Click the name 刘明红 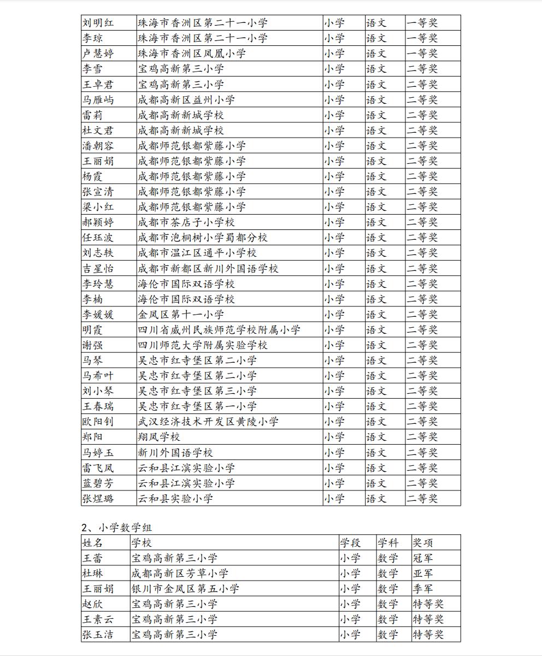[x=98, y=23]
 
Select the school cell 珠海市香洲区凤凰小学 [x=191, y=54]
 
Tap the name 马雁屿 [x=98, y=100]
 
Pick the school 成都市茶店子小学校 [x=186, y=222]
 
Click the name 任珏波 [x=98, y=238]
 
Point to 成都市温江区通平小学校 [x=197, y=253]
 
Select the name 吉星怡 [x=98, y=269]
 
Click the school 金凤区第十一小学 [x=180, y=315]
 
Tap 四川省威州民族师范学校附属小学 [x=219, y=330]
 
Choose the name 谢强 [x=92, y=345]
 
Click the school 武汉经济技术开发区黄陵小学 [x=208, y=422]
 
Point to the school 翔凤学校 [x=158, y=437]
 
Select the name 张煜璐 [x=98, y=498]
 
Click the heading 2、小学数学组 [x=117, y=528]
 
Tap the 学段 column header [x=350, y=543]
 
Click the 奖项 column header [x=423, y=543]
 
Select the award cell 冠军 [x=423, y=558]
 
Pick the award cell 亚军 [x=423, y=574]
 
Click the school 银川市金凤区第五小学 [x=185, y=589]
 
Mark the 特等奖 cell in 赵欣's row [x=428, y=604]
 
